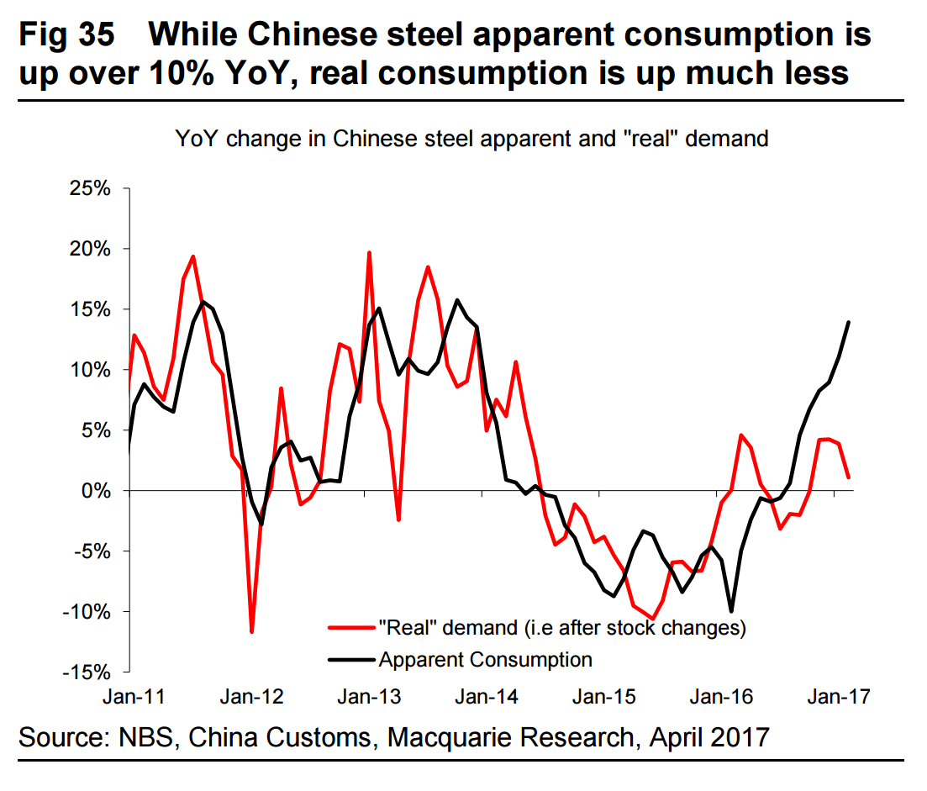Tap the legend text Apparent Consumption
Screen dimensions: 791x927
[x=486, y=659]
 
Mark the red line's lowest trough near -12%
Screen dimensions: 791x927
[x=251, y=631]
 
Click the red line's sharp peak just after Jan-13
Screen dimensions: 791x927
[x=369, y=252]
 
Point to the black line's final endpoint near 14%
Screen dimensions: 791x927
[x=849, y=322]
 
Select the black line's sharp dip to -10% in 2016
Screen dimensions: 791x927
[x=731, y=611]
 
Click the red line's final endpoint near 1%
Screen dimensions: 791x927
[x=849, y=477]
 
